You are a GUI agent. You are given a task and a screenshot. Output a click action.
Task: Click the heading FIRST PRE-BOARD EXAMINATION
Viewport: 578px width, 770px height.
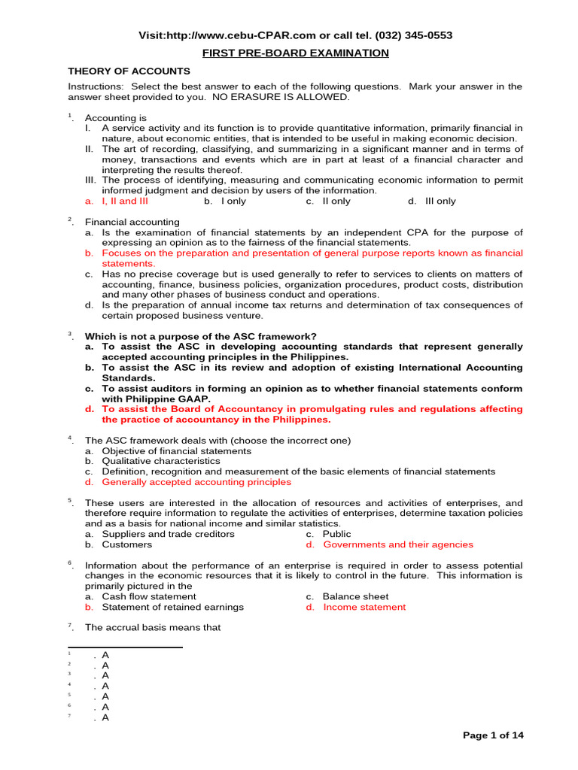295,53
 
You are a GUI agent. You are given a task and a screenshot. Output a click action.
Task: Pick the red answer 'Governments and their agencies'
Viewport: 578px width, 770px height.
398,544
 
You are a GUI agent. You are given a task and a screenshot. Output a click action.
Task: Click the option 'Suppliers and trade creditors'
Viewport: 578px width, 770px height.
168,534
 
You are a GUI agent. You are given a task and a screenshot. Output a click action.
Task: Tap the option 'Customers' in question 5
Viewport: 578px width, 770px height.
126,544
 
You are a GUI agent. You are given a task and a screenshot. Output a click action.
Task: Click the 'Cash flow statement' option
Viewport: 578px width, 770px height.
149,596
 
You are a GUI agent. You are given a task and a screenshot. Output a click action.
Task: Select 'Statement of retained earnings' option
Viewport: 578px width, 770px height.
172,607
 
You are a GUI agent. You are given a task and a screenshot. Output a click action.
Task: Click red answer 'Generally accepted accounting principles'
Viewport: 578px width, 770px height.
196,482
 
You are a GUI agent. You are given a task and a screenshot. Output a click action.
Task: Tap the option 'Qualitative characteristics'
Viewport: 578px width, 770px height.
161,461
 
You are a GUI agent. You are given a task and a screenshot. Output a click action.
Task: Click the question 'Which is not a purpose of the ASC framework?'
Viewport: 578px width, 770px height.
200,336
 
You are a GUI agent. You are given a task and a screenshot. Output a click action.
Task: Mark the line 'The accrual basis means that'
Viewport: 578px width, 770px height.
152,627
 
